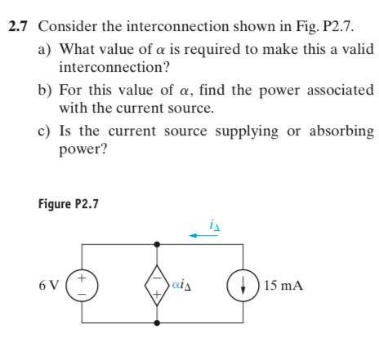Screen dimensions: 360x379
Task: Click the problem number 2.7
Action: [x=20, y=25]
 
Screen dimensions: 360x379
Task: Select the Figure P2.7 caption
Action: [x=69, y=204]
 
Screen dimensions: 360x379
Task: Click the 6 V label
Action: [x=48, y=287]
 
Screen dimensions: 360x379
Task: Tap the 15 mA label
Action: [x=284, y=287]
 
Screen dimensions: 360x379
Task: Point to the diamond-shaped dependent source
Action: [x=158, y=286]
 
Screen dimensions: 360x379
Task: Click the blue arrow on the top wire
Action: [x=200, y=235]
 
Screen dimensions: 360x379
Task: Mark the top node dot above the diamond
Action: [x=158, y=243]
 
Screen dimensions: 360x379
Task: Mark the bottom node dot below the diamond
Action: [x=158, y=323]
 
